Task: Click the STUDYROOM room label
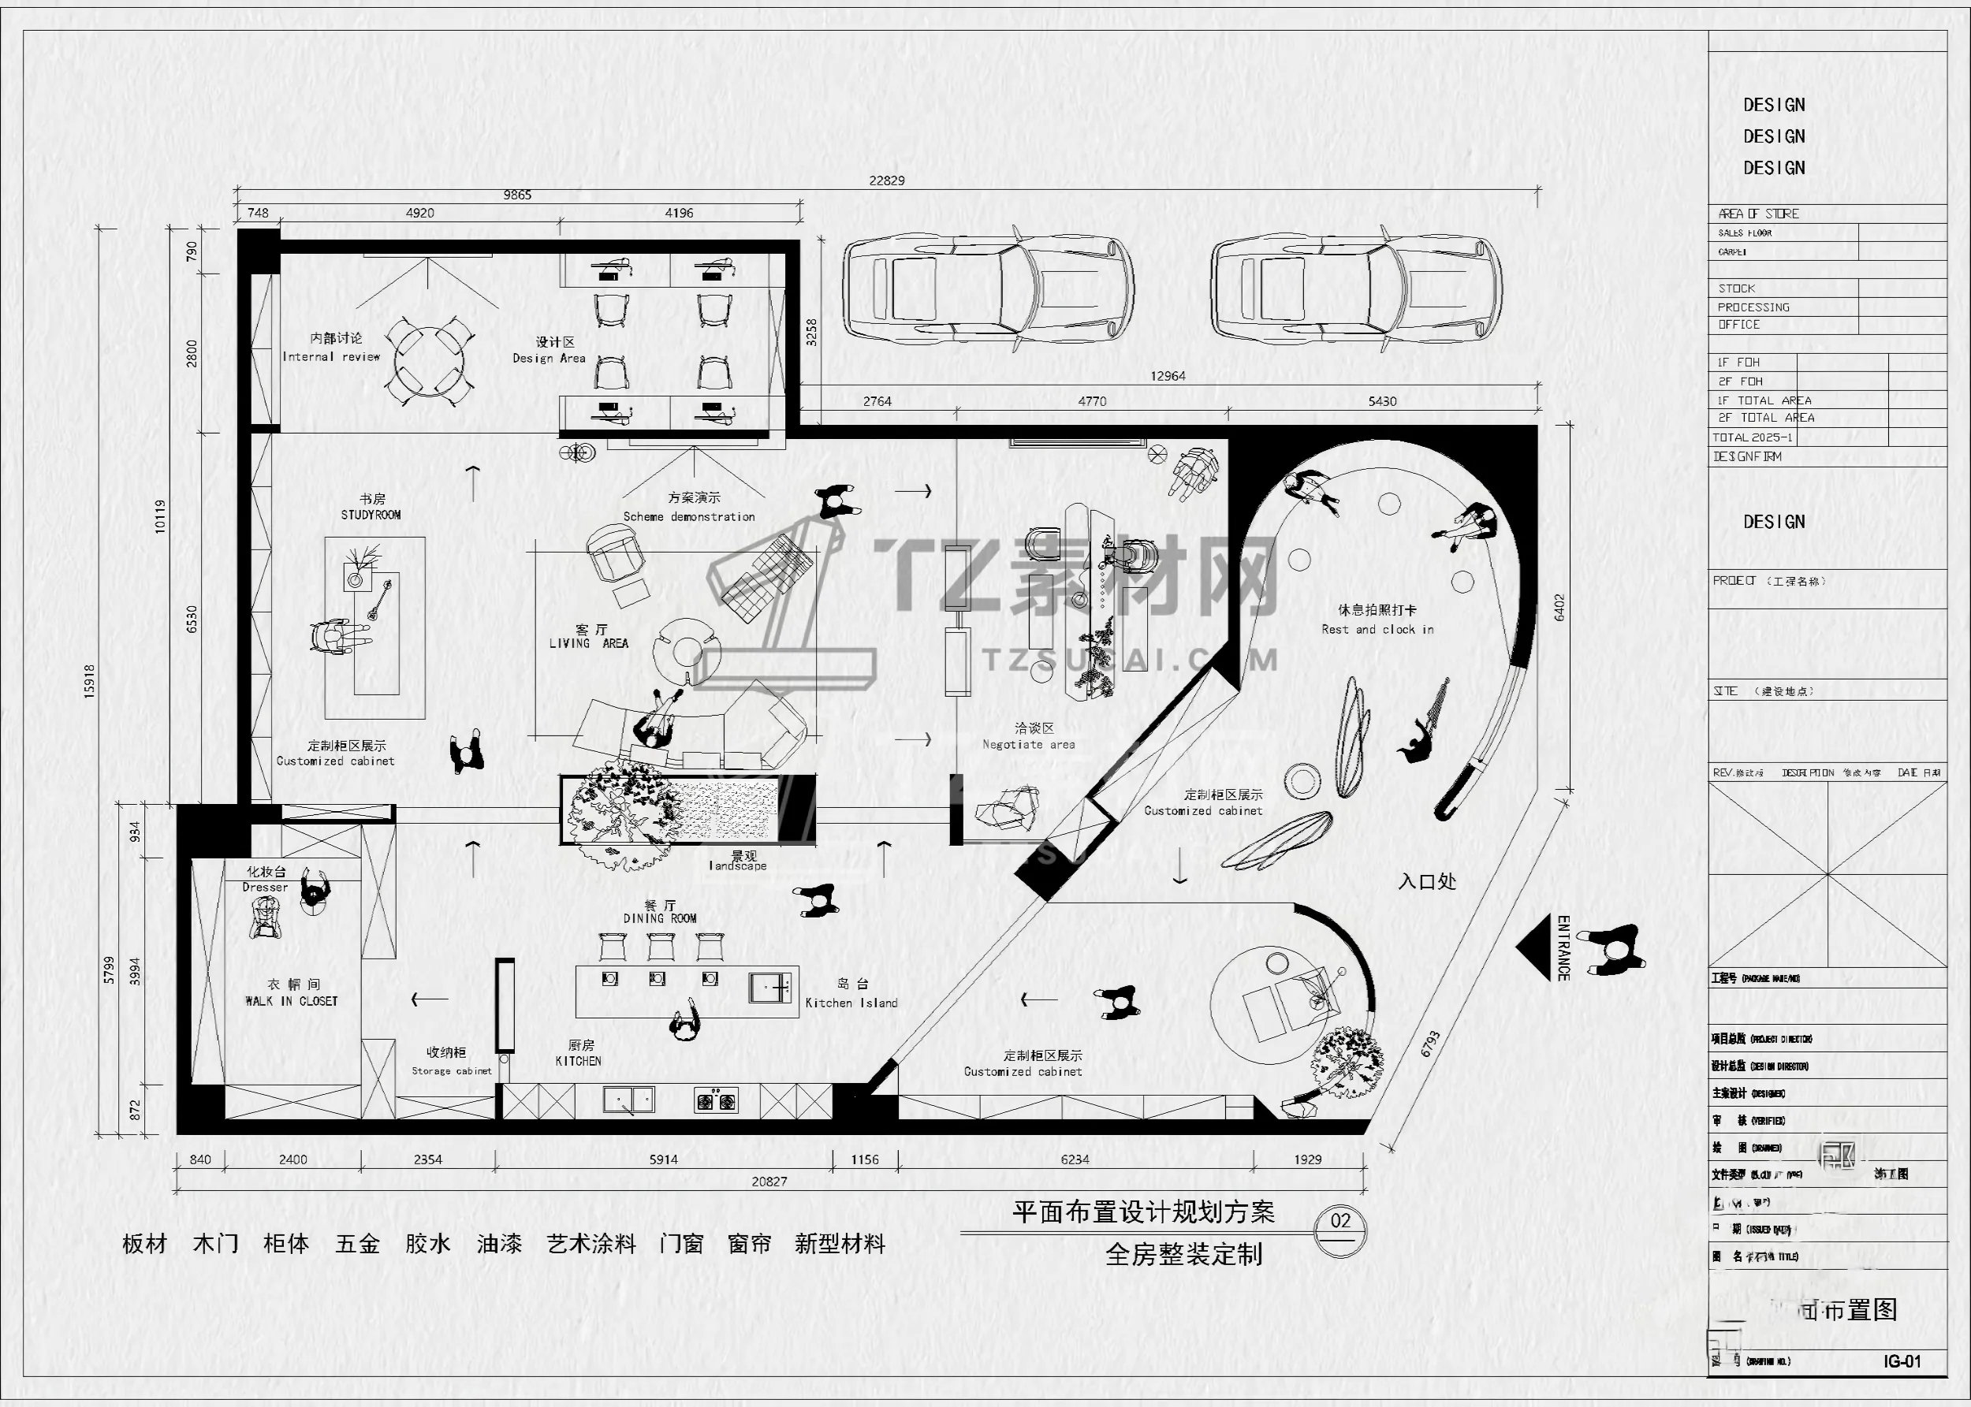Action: point(371,515)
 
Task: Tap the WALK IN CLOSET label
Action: point(291,1001)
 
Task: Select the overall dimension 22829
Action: point(886,181)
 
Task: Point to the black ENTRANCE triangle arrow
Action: point(1534,947)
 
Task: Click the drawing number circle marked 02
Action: point(1340,1223)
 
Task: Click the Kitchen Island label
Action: point(851,1003)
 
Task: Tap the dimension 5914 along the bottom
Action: point(664,1159)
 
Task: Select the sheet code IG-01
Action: point(1902,1361)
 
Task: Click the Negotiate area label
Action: point(1028,744)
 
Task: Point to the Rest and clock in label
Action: point(1377,630)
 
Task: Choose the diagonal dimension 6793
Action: point(1430,1043)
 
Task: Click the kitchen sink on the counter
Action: point(629,1100)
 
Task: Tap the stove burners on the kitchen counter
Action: point(716,1101)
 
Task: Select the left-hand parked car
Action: point(988,289)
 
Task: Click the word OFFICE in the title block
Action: point(1738,325)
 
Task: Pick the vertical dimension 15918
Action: point(90,681)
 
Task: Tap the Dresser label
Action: point(265,888)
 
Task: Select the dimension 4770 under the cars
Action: point(1092,401)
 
